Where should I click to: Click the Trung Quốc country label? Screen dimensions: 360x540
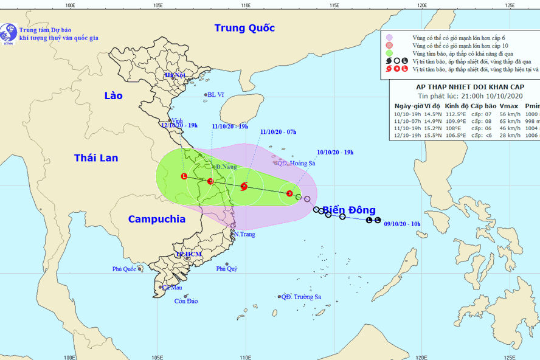click(x=244, y=28)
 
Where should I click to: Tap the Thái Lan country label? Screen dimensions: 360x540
click(x=96, y=158)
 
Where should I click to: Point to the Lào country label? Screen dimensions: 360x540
click(x=113, y=96)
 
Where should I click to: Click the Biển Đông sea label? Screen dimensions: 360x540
click(x=349, y=210)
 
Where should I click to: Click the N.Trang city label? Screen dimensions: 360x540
click(x=244, y=235)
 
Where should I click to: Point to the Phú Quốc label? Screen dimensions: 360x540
click(x=125, y=269)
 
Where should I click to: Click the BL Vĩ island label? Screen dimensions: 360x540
click(x=216, y=95)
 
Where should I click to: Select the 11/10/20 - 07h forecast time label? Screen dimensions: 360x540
click(x=278, y=131)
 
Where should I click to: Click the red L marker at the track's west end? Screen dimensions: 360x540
click(x=184, y=176)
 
